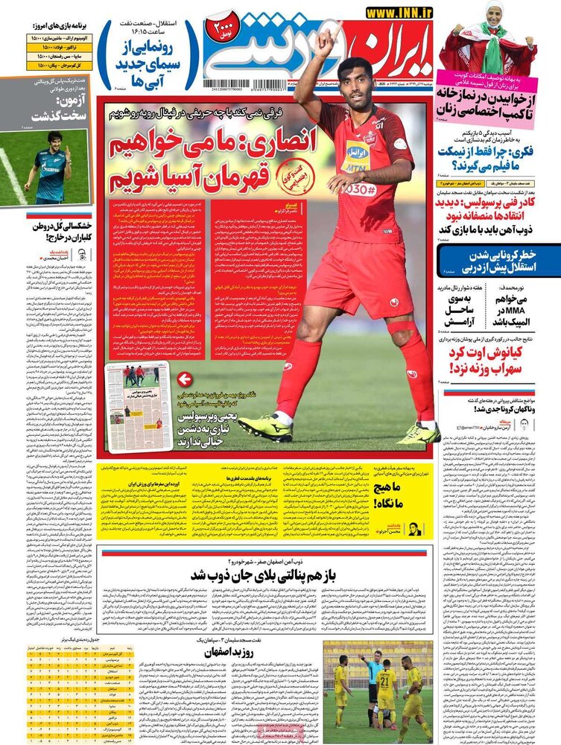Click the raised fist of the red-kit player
tap(324, 43)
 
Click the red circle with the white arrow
tap(186, 379)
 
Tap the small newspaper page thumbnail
tap(139, 407)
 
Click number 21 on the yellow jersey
tap(386, 681)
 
